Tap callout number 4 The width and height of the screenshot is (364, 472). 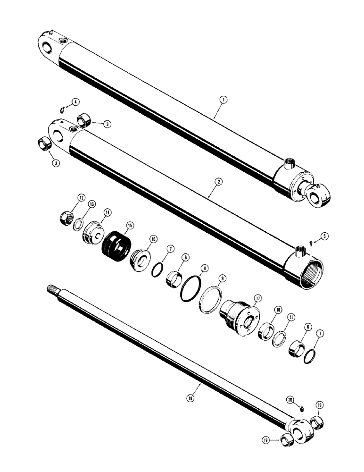click(74, 102)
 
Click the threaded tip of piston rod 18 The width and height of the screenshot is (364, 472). click(50, 288)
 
